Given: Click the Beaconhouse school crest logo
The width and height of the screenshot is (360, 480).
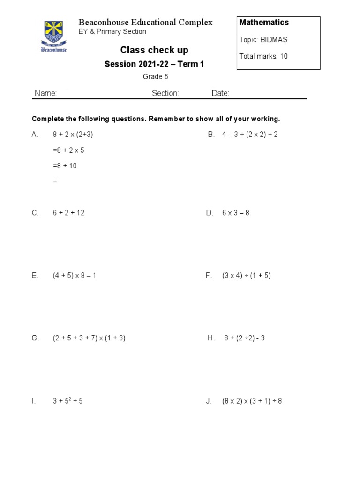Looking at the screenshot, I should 55,36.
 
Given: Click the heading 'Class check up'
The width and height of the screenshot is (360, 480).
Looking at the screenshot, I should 154,50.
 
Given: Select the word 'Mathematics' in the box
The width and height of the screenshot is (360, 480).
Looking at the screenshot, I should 264,22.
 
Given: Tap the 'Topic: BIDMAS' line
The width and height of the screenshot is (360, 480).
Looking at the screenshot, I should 263,40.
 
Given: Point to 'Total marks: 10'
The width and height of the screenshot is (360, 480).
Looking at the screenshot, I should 263,56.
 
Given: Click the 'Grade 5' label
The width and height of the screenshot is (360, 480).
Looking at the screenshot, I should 155,77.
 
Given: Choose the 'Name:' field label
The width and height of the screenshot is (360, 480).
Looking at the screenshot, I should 45,93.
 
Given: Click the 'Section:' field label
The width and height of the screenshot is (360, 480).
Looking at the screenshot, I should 165,93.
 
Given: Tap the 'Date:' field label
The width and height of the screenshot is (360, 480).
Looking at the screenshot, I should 220,93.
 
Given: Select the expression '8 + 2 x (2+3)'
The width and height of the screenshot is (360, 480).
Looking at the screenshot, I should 73,135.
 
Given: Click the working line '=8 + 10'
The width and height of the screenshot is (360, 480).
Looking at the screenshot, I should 65,165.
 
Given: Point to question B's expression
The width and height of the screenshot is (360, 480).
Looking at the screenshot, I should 249,135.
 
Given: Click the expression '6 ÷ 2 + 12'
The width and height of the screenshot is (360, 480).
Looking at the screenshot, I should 68,213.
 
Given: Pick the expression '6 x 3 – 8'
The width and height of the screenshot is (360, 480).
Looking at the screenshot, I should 236,213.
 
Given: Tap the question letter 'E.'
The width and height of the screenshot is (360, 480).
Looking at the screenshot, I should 35,276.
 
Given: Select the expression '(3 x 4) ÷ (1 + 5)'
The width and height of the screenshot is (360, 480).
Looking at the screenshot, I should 246,276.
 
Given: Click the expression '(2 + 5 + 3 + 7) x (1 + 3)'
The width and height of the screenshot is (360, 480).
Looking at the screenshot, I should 89,338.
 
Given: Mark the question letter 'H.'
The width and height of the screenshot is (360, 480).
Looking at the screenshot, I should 211,338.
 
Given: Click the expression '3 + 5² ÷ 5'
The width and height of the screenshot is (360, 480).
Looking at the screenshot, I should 67,401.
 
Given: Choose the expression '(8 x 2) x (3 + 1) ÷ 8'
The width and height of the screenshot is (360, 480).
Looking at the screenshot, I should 252,401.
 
